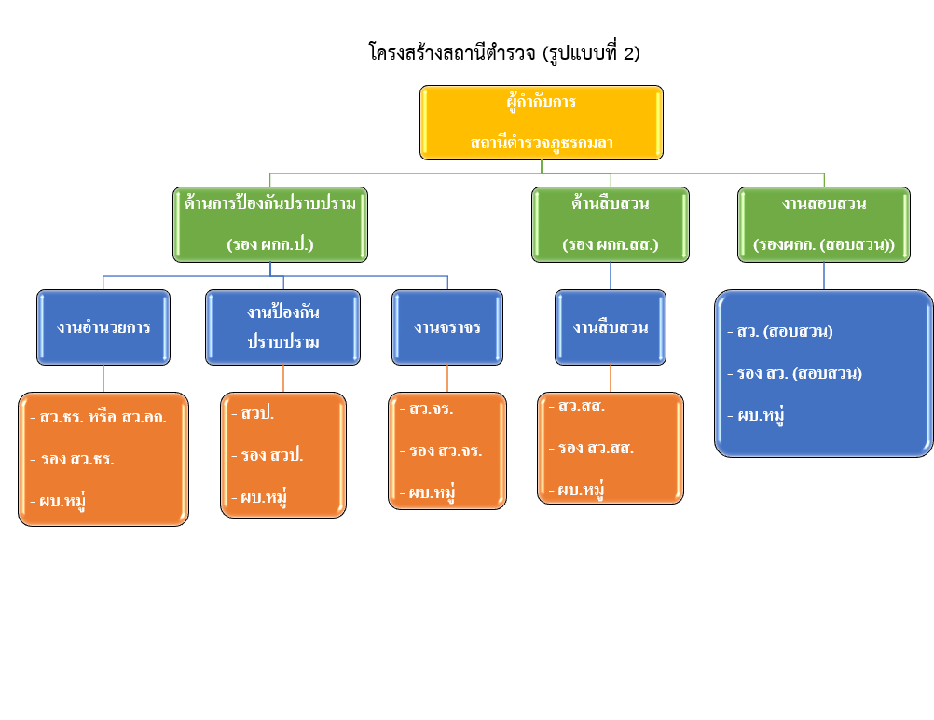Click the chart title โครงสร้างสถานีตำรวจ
coord(503,52)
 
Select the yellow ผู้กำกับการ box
coord(541,122)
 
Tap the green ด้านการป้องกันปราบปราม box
coord(270,224)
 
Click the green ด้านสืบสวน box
coord(611,224)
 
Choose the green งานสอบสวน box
coord(824,224)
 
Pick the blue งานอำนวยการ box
coord(103,326)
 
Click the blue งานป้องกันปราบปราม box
coord(282,326)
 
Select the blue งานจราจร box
coord(447,326)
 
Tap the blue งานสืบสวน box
coord(611,326)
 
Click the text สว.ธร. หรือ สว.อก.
coord(102,417)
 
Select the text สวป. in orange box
coord(256,413)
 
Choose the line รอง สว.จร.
coord(445,450)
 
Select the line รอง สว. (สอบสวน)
coord(799,373)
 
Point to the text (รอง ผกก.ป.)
coord(269,244)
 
